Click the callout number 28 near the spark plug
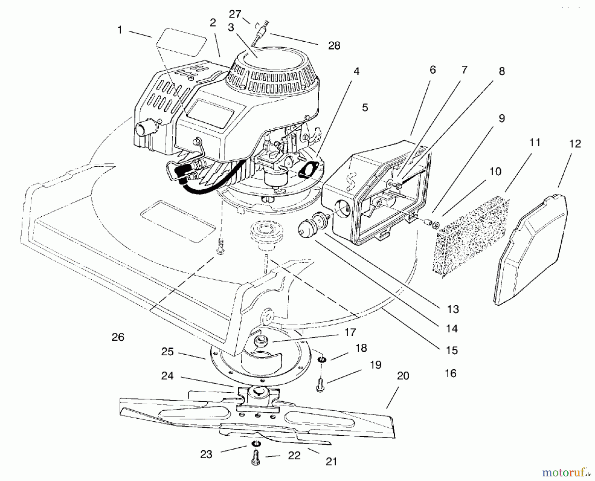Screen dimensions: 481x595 point(334,46)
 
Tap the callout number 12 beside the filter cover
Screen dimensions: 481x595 point(575,144)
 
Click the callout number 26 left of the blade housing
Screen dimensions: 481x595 point(118,337)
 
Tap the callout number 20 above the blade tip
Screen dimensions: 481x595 point(403,376)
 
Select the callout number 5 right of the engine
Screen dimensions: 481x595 point(365,108)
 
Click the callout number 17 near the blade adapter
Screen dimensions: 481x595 point(350,332)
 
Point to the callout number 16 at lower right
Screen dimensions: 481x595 point(451,373)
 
